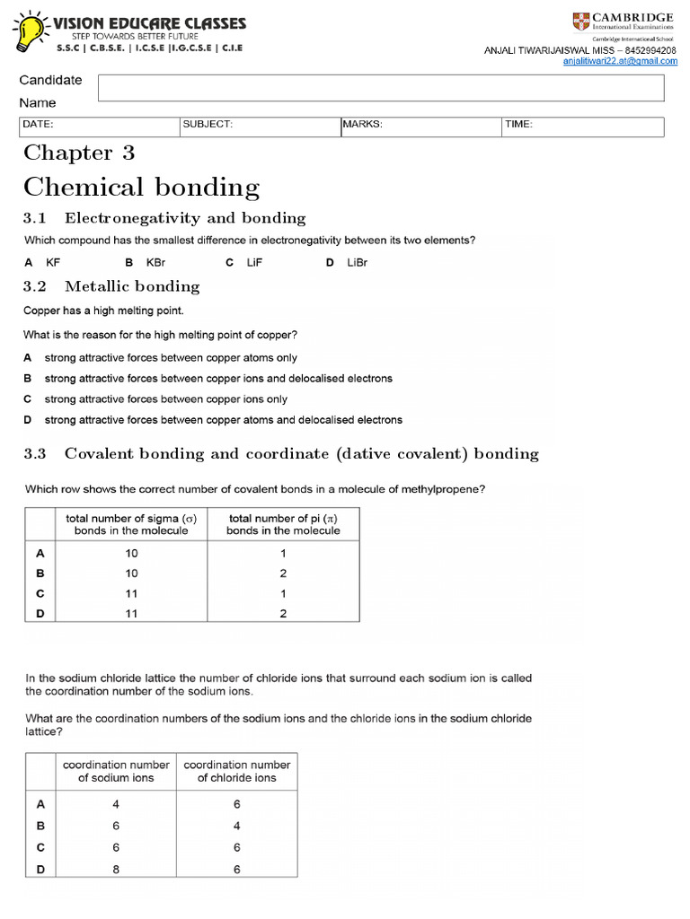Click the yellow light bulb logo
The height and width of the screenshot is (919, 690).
(31, 32)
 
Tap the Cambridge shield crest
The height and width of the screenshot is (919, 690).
(583, 22)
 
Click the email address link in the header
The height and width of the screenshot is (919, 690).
(620, 61)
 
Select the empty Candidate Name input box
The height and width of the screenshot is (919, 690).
(380, 88)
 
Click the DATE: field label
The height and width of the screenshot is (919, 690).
(38, 125)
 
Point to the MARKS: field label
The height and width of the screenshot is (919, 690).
(363, 125)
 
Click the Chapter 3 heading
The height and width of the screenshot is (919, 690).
(79, 153)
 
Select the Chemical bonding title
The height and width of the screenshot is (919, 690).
(141, 188)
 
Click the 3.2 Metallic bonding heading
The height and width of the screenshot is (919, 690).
(111, 286)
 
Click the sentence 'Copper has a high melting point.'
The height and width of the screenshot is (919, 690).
(103, 311)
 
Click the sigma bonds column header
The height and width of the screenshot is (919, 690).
(131, 524)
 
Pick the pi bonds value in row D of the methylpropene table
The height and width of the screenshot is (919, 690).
(282, 613)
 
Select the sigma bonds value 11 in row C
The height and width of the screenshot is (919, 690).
(131, 593)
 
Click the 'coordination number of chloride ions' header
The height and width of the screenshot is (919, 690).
(237, 771)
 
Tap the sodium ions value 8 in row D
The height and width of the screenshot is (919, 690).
(115, 869)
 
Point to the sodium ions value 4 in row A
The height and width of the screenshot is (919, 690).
(115, 804)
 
